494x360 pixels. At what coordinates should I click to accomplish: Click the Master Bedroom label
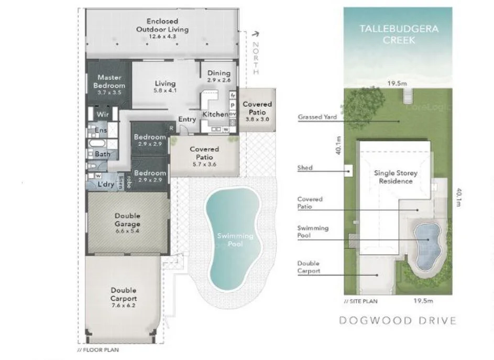click(109, 81)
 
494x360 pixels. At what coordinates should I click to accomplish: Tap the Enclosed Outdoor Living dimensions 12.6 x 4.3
click(162, 37)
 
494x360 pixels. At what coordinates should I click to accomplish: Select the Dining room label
click(218, 73)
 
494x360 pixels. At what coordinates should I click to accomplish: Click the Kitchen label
click(215, 114)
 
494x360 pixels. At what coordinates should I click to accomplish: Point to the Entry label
click(187, 119)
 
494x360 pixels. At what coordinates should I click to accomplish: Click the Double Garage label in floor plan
click(127, 220)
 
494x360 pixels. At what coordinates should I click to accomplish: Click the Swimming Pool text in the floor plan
click(235, 240)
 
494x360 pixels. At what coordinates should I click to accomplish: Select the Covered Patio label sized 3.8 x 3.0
click(257, 108)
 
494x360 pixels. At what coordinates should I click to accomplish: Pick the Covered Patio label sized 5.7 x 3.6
click(204, 152)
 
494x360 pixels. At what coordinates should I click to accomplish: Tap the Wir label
click(102, 114)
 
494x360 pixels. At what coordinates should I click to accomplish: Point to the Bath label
click(103, 154)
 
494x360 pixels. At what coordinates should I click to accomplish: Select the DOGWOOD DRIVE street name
click(398, 321)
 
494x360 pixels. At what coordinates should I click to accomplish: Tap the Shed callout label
click(305, 168)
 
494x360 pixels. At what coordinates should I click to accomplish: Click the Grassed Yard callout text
click(317, 117)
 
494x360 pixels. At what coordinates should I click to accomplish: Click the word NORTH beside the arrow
click(256, 58)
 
